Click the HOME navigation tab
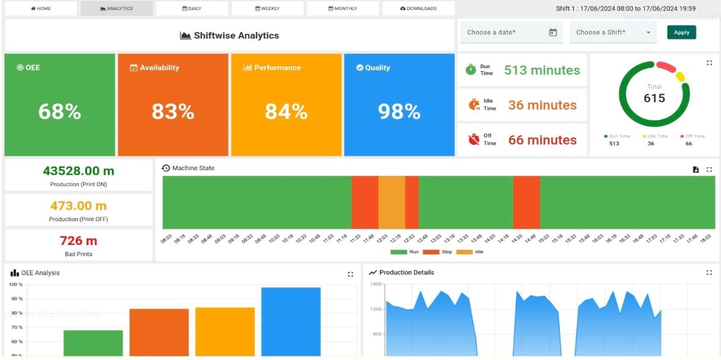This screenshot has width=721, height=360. click(40, 8)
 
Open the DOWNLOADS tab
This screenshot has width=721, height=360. click(419, 8)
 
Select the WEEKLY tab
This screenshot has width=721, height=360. click(267, 8)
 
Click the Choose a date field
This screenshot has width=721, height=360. click(511, 33)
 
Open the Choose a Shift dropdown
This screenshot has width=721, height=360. click(613, 33)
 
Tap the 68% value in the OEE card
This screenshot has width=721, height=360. click(59, 111)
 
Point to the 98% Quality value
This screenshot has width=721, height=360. click(399, 111)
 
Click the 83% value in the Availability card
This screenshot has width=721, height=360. click(173, 111)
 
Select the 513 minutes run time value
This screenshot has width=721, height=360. click(542, 70)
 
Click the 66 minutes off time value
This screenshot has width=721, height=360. click(542, 140)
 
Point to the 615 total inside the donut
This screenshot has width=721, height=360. click(654, 98)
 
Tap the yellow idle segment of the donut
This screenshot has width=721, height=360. click(680, 77)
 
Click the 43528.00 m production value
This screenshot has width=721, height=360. click(78, 171)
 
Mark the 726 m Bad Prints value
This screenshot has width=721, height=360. click(78, 241)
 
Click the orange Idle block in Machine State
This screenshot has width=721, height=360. click(391, 202)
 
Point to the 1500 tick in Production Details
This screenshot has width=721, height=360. click(375, 285)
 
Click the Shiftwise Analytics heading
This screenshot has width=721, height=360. click(229, 36)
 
